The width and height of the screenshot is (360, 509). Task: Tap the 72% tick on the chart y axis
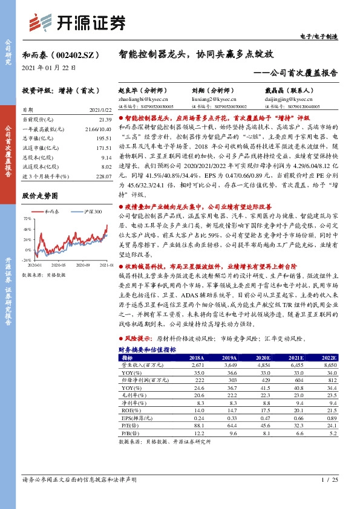coord(28,218)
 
